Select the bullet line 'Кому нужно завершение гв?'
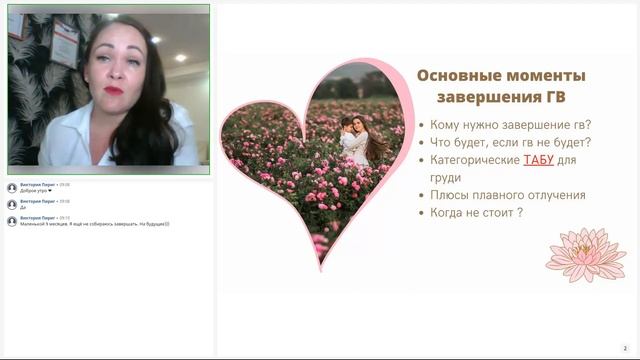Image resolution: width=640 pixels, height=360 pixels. [511, 125]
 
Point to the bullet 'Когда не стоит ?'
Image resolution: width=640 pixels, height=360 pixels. [477, 213]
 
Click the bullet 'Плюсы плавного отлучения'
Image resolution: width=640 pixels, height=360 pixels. [508, 195]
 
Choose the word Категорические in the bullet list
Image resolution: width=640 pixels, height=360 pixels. [475, 160]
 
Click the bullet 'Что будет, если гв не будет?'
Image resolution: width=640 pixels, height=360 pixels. [510, 142]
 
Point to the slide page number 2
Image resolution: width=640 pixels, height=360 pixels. [625, 348]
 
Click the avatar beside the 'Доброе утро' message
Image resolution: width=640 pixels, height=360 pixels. [12, 187]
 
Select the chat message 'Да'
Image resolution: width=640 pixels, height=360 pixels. [23, 207]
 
